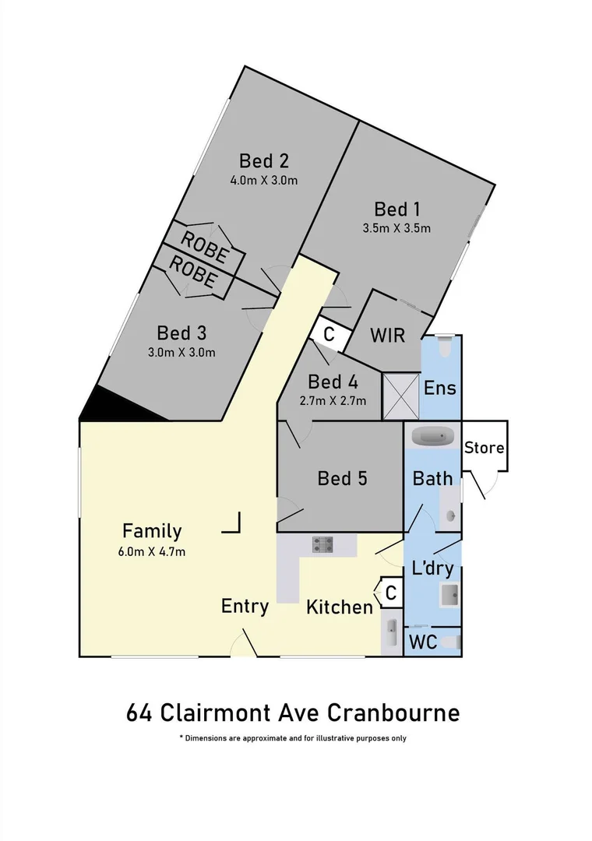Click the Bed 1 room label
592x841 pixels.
click(396, 209)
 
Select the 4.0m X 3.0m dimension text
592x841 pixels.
click(264, 181)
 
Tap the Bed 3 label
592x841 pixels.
click(181, 333)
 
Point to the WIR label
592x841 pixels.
click(387, 336)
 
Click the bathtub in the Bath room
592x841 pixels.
click(432, 435)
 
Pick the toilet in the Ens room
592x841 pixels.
click(444, 347)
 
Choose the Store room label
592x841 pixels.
click(484, 448)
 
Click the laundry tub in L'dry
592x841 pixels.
click(450, 596)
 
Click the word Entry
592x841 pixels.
click(245, 606)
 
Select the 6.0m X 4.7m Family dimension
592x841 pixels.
click(153, 551)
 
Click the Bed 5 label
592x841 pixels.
click(342, 477)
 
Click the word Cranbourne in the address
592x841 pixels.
click(393, 713)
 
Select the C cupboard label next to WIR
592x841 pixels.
click(329, 335)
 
